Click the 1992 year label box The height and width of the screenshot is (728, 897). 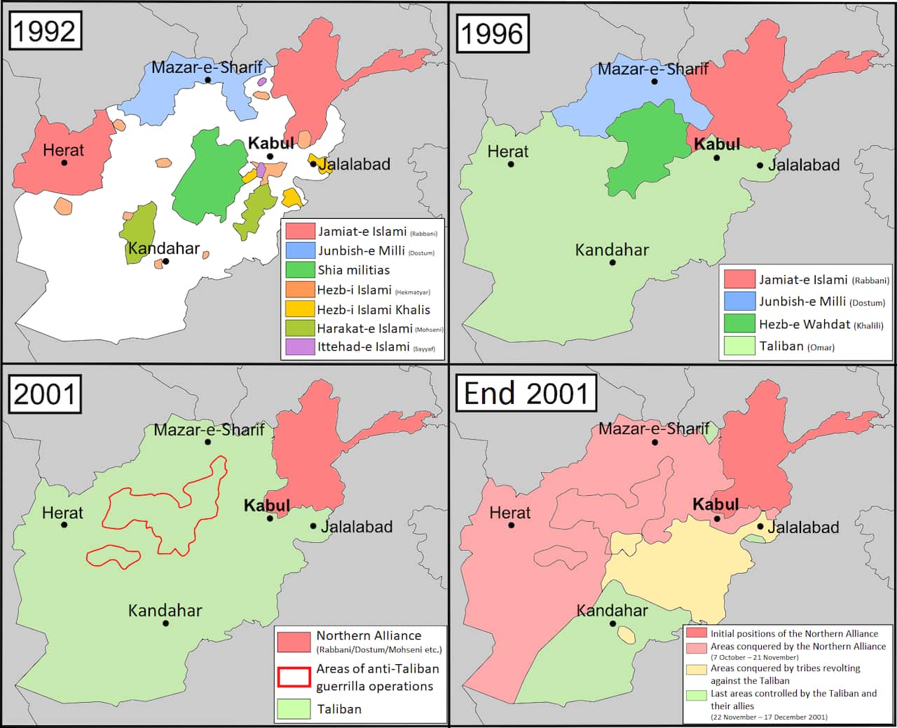tap(45, 31)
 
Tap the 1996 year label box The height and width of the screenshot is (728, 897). tap(493, 33)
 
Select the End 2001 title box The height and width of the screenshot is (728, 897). tap(526, 393)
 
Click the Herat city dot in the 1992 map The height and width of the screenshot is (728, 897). tap(64, 163)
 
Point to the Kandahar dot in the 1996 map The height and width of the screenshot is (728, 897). tap(612, 262)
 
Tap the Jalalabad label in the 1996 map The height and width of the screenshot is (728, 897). tap(804, 166)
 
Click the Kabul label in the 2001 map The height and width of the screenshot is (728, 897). tap(267, 506)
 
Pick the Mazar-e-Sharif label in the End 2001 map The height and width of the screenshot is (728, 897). tap(653, 429)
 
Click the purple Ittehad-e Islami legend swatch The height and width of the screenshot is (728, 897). tap(300, 347)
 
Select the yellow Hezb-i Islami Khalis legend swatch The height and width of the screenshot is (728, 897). tap(300, 309)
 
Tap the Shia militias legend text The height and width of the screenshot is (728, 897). tap(353, 270)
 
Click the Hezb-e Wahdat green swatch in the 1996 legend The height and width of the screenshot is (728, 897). tap(739, 323)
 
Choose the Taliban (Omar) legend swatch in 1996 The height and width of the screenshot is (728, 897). tap(739, 346)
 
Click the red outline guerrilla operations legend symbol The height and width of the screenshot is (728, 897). tap(294, 677)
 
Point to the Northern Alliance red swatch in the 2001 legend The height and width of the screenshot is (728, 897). tap(294, 641)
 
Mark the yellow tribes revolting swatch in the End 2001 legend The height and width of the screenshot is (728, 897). tap(696, 669)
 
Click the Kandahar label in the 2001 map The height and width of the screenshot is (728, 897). tap(165, 611)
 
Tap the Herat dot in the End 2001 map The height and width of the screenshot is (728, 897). tap(511, 525)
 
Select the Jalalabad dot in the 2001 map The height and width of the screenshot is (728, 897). tap(313, 526)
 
